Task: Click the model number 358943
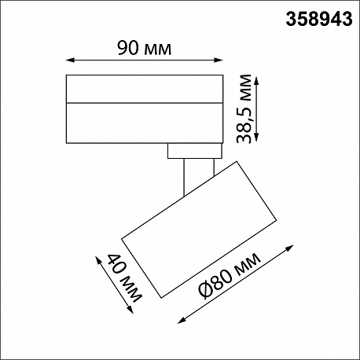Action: click(x=319, y=20)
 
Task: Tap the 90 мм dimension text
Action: click(x=145, y=48)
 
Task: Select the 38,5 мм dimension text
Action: click(x=244, y=108)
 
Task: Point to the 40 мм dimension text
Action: click(x=125, y=278)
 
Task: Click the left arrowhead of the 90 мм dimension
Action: click(x=69, y=61)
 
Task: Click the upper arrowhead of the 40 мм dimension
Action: click(x=98, y=259)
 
